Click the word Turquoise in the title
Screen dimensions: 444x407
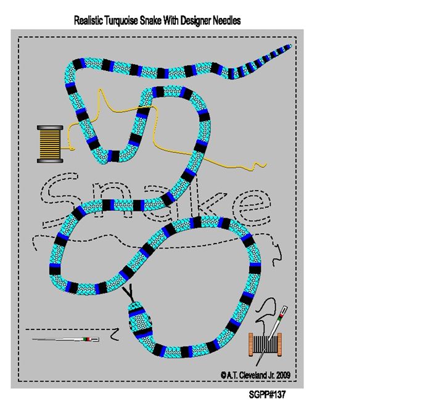tap(122, 21)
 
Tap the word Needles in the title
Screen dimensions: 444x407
tap(226, 20)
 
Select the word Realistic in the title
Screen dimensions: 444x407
tap(89, 20)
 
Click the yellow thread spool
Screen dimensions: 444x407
tap(50, 144)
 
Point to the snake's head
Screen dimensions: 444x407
tap(141, 319)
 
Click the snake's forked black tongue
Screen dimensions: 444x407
tap(129, 293)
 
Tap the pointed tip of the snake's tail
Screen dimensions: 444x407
tap(291, 46)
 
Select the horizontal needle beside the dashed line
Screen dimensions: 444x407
tap(66, 339)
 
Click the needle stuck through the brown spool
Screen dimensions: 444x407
tap(272, 335)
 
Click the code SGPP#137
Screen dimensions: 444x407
tap(267, 395)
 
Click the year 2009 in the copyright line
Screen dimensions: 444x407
tap(284, 375)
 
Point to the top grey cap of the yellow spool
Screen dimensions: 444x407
tap(50, 128)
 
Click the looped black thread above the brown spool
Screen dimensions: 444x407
tap(266, 311)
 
